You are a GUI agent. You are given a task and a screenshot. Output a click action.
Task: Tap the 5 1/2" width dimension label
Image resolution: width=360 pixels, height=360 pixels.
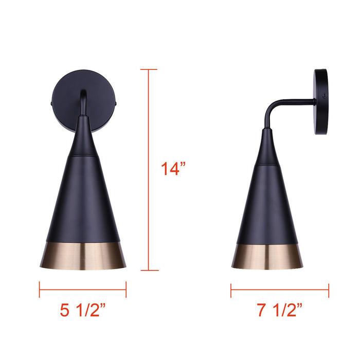click(x=83, y=310)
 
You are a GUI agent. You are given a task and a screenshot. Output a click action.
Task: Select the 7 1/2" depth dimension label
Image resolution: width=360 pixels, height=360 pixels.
click(x=279, y=310)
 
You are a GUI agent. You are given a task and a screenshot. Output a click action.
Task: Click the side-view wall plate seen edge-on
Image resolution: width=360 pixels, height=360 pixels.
click(x=321, y=102)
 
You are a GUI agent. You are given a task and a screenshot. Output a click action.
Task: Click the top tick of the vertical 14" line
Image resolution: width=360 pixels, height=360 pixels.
click(x=149, y=69)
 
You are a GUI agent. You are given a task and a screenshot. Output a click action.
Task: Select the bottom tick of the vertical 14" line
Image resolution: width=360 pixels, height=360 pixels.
click(x=149, y=270)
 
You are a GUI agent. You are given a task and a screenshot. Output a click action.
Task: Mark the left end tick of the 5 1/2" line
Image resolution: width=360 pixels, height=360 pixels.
click(x=40, y=290)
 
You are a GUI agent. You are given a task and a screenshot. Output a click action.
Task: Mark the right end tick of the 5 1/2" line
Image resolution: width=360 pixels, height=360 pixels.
click(x=126, y=290)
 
